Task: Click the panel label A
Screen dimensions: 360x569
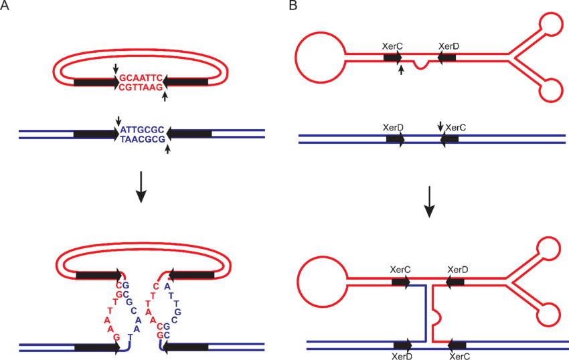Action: point(6,6)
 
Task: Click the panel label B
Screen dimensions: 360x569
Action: point(293,6)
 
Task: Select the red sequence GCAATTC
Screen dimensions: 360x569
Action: point(141,78)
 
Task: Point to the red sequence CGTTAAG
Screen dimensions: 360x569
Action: point(141,88)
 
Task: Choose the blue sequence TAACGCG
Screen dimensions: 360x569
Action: point(143,139)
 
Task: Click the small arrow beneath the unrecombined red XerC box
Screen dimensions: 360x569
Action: point(401,69)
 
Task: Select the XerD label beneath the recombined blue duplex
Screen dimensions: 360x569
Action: point(403,355)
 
